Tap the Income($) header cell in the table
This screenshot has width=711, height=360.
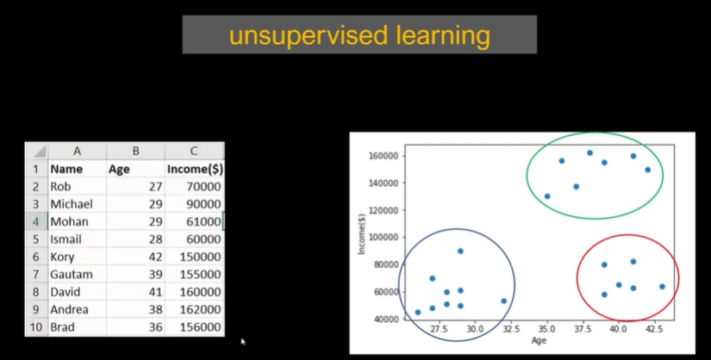click(x=195, y=169)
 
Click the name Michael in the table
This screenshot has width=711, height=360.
click(x=72, y=204)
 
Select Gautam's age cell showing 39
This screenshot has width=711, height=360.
click(x=155, y=275)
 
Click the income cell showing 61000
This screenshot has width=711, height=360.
click(x=203, y=221)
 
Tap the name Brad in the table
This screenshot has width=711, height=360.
click(x=62, y=327)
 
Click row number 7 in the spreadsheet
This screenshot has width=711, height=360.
click(x=36, y=275)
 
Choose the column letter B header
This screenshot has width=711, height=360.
click(x=135, y=151)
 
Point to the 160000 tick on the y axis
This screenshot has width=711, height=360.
click(x=384, y=156)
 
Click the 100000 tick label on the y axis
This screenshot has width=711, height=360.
click(x=384, y=237)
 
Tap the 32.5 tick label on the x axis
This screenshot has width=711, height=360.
click(x=511, y=329)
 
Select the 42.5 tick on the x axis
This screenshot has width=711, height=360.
click(x=654, y=329)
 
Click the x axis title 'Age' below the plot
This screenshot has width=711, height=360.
click(x=539, y=340)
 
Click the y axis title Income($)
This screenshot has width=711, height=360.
click(x=362, y=234)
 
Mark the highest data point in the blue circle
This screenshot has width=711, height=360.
click(x=460, y=251)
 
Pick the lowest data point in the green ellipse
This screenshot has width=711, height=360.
click(x=547, y=196)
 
